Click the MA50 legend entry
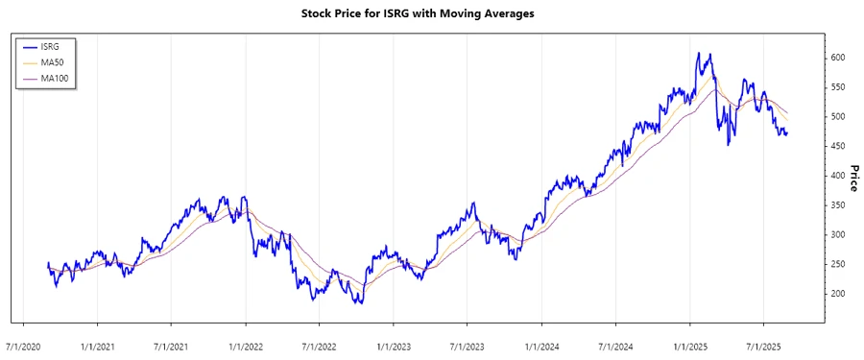click(53, 62)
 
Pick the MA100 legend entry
click(56, 79)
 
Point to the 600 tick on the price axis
click(838, 58)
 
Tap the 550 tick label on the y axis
click(838, 87)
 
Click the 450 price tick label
click(838, 146)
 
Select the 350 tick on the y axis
click(838, 205)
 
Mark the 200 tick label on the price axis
click(838, 294)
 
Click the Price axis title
click(853, 179)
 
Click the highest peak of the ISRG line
click(699, 53)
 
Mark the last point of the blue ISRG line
click(788, 132)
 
